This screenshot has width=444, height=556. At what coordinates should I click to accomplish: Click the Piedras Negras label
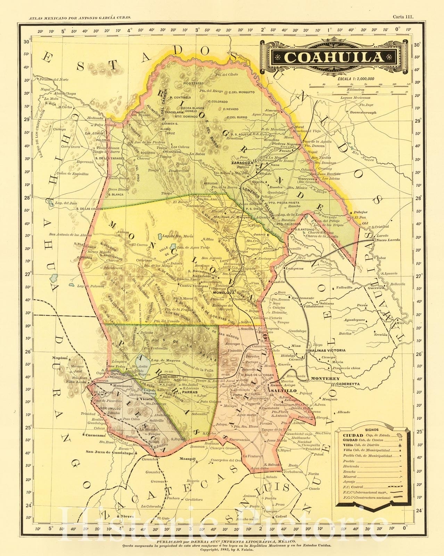pos(286,144)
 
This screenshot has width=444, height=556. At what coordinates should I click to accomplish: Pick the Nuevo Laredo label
pos(388,240)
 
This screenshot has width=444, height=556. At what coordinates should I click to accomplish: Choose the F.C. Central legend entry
pos(354,487)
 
